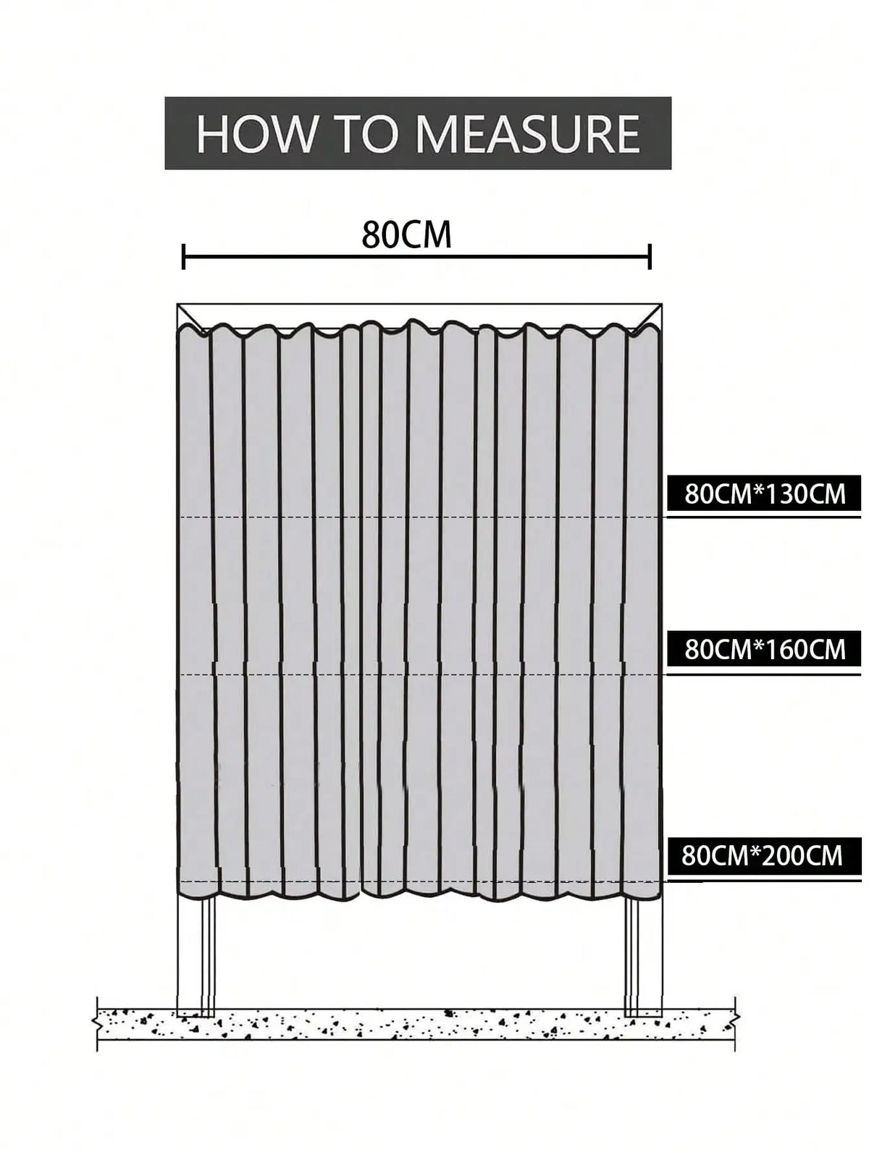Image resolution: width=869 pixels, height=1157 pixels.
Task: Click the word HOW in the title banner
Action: tap(253, 133)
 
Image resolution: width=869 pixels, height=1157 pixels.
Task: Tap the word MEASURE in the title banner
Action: tap(528, 133)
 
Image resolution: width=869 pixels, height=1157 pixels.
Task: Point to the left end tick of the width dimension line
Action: tap(183, 257)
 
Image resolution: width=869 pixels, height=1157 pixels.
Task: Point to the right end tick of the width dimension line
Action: tap(650, 257)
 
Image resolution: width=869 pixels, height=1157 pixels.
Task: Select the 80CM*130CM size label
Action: tap(765, 494)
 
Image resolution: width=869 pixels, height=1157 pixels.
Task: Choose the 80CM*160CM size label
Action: tap(765, 649)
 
